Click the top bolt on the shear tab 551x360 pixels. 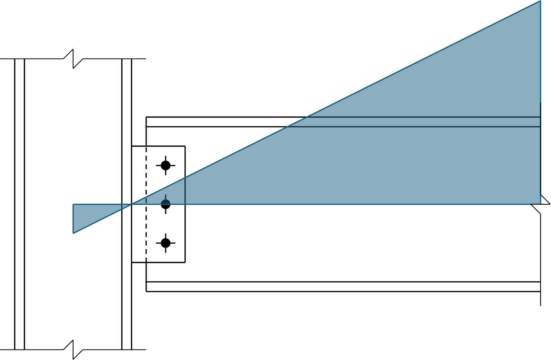pyautogui.click(x=166, y=166)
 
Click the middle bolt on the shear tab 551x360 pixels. pyautogui.click(x=166, y=204)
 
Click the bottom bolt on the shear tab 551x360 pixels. pyautogui.click(x=166, y=243)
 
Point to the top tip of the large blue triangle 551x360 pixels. pyautogui.click(x=540, y=2)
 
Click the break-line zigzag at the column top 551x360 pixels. pyautogui.click(x=73, y=59)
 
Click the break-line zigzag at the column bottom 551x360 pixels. pyautogui.click(x=73, y=350)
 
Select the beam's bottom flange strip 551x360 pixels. pyautogui.click(x=342, y=287)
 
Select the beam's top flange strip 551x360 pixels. pyautogui.click(x=218, y=122)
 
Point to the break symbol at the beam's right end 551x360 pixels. pyautogui.click(x=541, y=204)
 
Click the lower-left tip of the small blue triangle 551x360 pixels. pyautogui.click(x=73, y=233)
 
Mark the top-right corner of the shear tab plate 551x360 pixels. pyautogui.click(x=185, y=146)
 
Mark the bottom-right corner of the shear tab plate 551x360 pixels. pyautogui.click(x=185, y=262)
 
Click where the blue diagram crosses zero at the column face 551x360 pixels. pyautogui.click(x=132, y=204)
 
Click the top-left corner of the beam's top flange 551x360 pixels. pyautogui.click(x=146, y=117)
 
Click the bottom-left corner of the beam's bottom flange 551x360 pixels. pyautogui.click(x=146, y=291)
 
